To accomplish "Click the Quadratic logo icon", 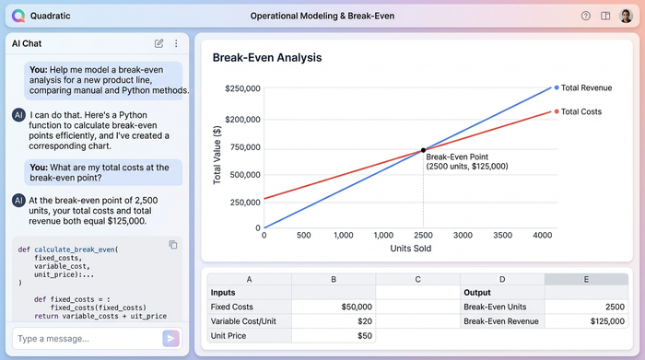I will pyautogui.click(x=17, y=16).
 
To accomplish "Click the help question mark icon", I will pyautogui.click(x=586, y=16).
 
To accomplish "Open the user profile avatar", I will pyautogui.click(x=626, y=16).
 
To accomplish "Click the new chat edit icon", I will pyautogui.click(x=159, y=43).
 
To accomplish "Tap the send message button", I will pyautogui.click(x=170, y=338).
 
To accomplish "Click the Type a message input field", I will pyautogui.click(x=83, y=338).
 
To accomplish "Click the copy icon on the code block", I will pyautogui.click(x=172, y=244).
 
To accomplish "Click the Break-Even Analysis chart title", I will pyautogui.click(x=266, y=58).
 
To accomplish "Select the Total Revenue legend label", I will pyautogui.click(x=587, y=87).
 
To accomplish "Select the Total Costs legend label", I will pyautogui.click(x=581, y=111).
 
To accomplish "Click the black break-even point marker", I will pyautogui.click(x=423, y=150).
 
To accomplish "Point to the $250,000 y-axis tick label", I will pyautogui.click(x=242, y=88).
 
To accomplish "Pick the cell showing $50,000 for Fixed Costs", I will pyautogui.click(x=334, y=306).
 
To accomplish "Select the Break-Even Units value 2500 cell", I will pyautogui.click(x=586, y=306).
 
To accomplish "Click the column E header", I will pyautogui.click(x=586, y=279).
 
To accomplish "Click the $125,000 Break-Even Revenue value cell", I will pyautogui.click(x=586, y=320).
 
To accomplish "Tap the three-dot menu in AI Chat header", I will pyautogui.click(x=176, y=43).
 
